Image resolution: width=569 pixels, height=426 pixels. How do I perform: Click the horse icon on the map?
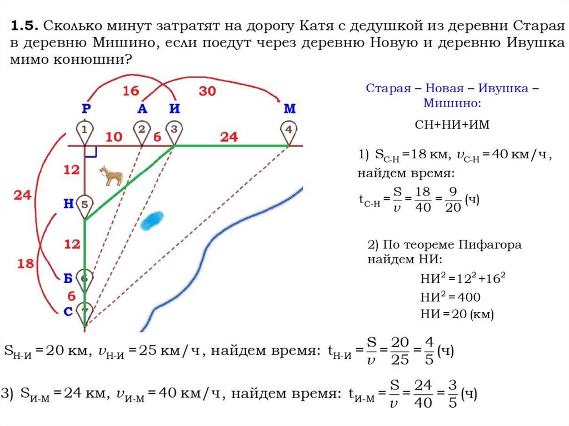coord(111,176)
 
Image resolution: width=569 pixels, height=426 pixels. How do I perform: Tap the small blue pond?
coord(152,220)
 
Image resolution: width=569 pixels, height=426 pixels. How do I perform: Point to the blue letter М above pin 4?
coord(290,109)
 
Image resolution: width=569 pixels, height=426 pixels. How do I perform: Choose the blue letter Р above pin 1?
coord(85,109)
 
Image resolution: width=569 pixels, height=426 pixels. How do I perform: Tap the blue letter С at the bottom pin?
coord(68,312)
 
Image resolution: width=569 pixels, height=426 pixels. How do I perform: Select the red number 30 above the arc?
coord(207,91)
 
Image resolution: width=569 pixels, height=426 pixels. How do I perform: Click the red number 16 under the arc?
coord(131,91)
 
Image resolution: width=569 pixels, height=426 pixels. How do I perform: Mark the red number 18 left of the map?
coord(26,263)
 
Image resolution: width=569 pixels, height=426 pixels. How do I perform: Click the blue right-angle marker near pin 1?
coord(92,151)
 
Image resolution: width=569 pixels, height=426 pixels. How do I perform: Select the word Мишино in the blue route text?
coord(452,104)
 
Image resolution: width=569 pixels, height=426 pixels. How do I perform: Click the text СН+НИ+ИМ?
coord(452,124)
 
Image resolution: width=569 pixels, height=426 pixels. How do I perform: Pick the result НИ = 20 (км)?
coord(457,314)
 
